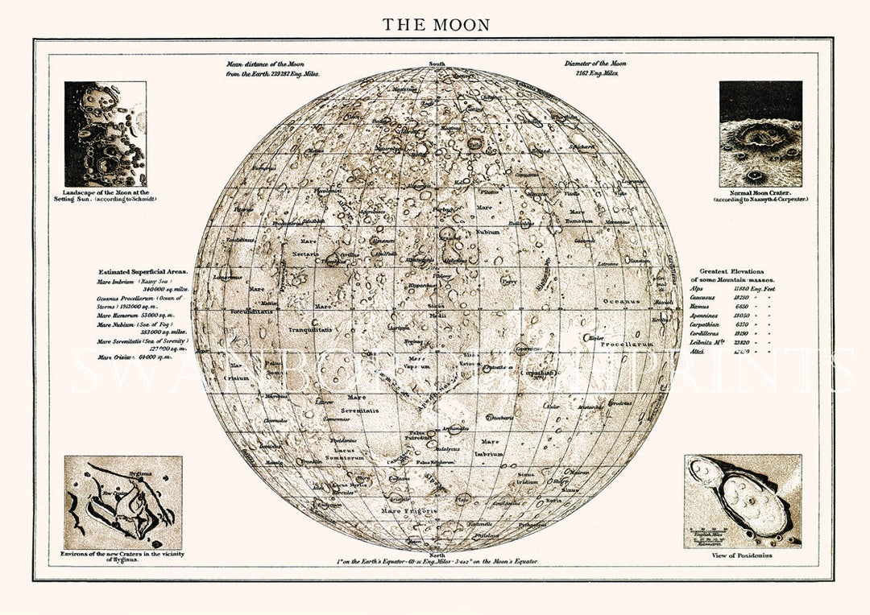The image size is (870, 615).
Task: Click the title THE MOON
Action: click(436, 25)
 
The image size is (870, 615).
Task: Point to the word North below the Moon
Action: click(437, 555)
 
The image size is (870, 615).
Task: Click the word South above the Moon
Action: click(437, 64)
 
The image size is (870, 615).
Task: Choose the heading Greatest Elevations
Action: click(731, 272)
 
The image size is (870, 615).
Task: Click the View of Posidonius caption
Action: click(743, 556)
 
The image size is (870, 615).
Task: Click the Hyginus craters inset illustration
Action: click(123, 502)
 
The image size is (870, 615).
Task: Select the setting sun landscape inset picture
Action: click(105, 134)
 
